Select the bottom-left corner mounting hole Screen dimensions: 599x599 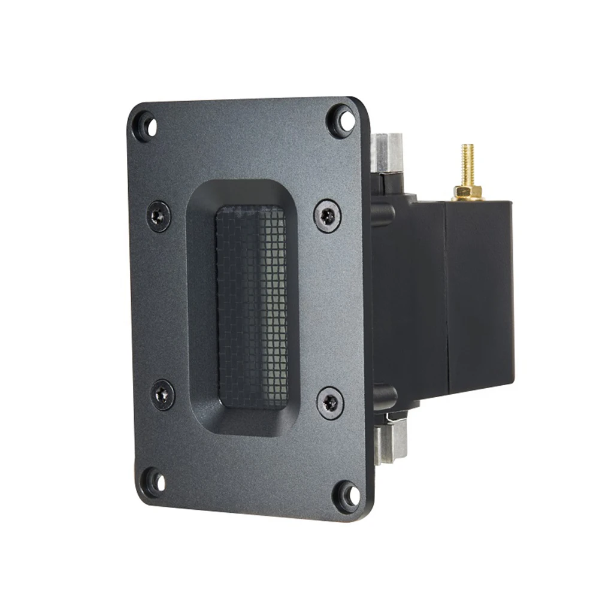click(x=154, y=480)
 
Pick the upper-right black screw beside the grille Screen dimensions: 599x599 click(x=328, y=216)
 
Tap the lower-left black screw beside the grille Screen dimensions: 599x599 click(x=162, y=394)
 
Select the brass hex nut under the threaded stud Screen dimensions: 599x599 click(x=467, y=192)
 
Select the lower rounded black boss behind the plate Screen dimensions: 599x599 click(x=384, y=395)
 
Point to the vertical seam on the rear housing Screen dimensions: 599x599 click(x=446, y=294)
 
